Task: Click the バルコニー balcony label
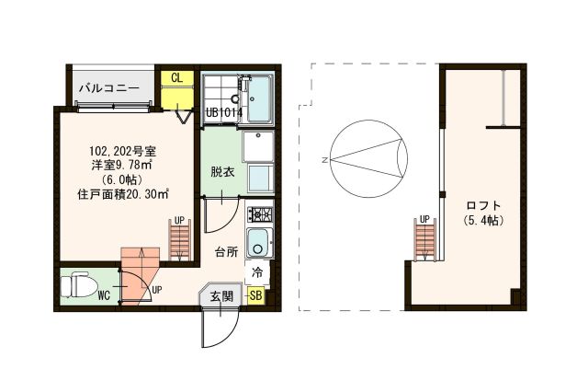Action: [107, 89]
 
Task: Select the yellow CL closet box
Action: [175, 78]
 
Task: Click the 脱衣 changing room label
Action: [221, 171]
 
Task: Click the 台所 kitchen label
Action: [227, 250]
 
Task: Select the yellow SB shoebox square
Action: [256, 295]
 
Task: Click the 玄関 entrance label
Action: [220, 295]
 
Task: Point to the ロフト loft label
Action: [482, 204]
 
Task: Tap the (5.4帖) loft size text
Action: [482, 221]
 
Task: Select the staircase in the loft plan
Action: [424, 240]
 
